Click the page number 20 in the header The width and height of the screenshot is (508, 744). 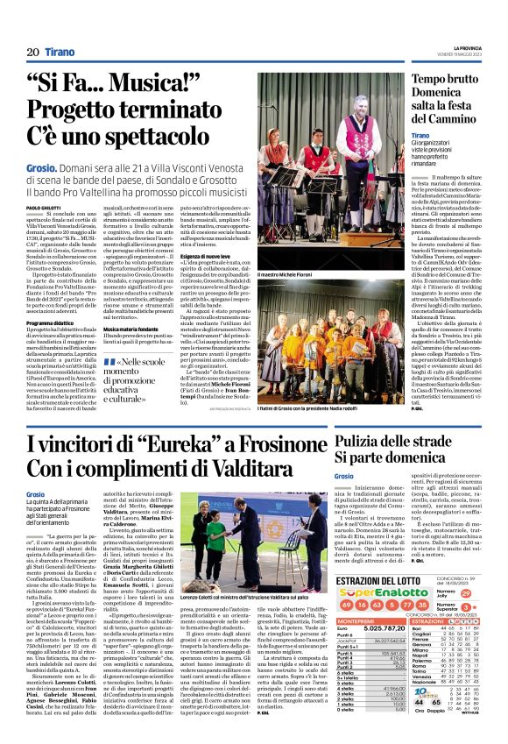(x=33, y=52)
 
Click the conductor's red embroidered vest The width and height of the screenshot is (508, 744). (x=355, y=140)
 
